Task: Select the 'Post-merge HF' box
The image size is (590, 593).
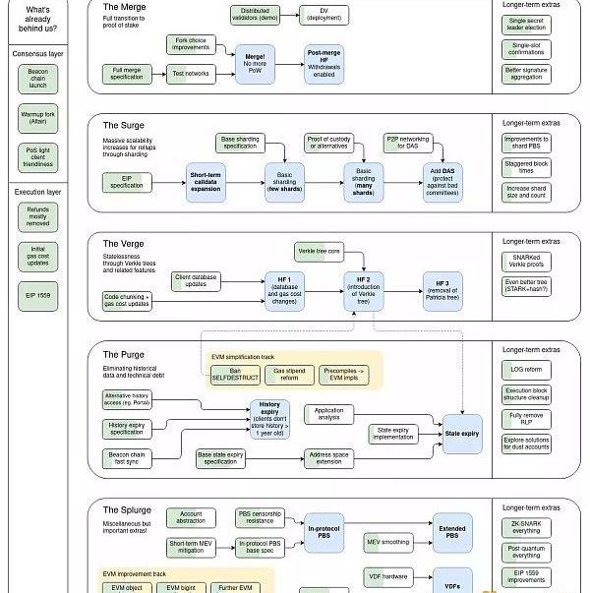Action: click(324, 60)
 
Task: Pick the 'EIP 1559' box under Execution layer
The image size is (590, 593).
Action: click(38, 294)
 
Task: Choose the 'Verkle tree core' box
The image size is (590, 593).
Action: click(320, 252)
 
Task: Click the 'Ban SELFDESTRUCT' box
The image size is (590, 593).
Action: click(236, 375)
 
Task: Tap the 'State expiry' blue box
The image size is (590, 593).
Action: click(462, 433)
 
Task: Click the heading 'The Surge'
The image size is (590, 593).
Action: click(124, 126)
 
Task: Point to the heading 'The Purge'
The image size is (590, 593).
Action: click(124, 355)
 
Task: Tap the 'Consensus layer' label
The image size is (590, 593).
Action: click(38, 53)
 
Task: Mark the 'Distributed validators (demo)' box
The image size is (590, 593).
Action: click(255, 15)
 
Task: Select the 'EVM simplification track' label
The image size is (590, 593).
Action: click(243, 356)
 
